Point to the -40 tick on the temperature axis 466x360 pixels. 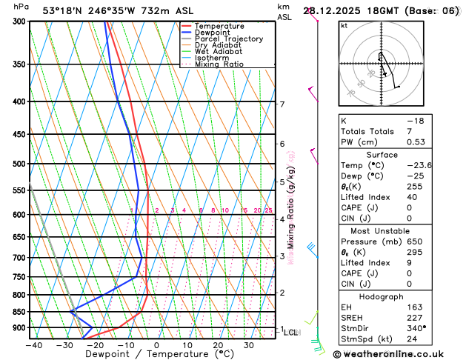click(x=33, y=345)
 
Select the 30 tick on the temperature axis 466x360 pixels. click(x=249, y=345)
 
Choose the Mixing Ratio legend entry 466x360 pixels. click(x=219, y=64)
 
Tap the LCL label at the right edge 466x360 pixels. click(x=291, y=333)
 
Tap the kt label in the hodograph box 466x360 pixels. click(x=344, y=26)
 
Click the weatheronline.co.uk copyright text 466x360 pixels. click(x=401, y=353)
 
